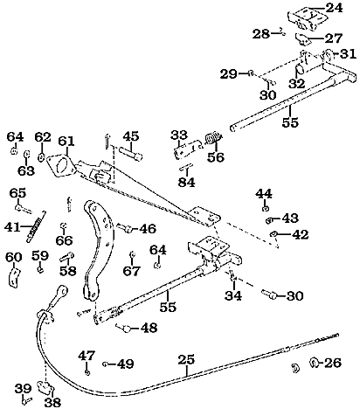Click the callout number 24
coord(334,8)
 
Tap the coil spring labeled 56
coord(213,138)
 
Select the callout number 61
coord(66,142)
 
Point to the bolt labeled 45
coord(130,153)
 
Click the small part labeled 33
coord(187,149)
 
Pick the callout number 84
coord(187,183)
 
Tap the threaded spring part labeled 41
coord(36,226)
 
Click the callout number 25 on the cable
coord(186,360)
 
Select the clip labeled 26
coord(315,363)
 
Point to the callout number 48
coord(149,328)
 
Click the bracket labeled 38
coord(45,387)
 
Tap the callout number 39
coord(23,389)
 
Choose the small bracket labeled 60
coord(13,278)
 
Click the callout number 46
coord(148,229)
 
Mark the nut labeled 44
coord(266,208)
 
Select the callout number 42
coord(300,234)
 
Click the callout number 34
coord(233,295)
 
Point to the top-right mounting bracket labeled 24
coord(307,19)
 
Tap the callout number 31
coord(348,54)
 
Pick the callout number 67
coord(131,271)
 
